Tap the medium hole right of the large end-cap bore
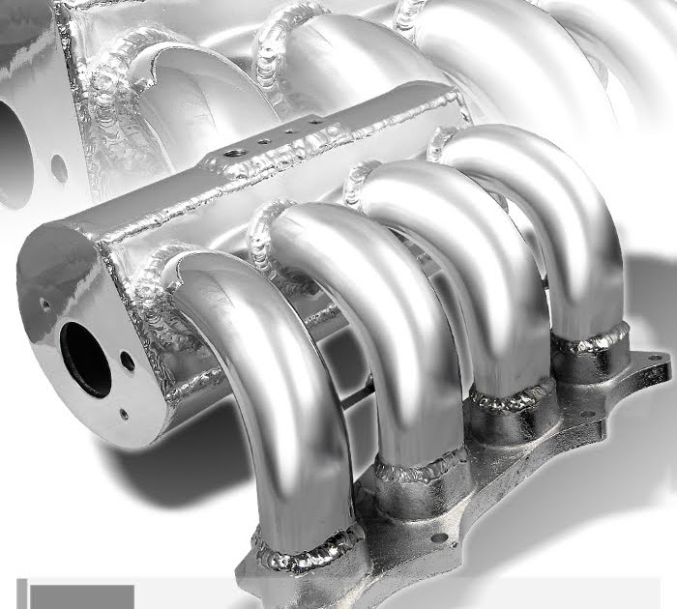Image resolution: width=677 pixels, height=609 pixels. [128, 362]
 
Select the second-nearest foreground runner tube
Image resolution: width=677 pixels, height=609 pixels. [387, 319]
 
